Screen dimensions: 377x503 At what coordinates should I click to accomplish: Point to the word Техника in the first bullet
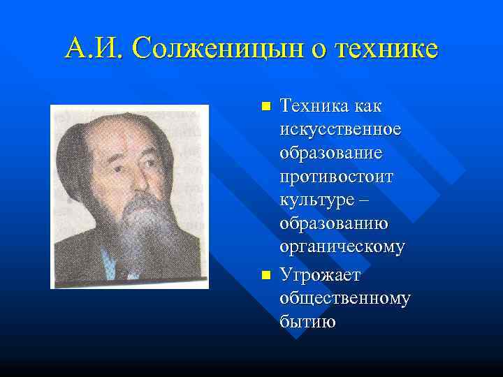tap(311, 106)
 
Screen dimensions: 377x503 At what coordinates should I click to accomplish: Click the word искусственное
tap(340, 130)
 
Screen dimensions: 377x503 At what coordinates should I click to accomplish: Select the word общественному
tap(344, 298)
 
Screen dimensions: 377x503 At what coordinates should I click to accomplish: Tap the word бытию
tap(307, 323)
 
